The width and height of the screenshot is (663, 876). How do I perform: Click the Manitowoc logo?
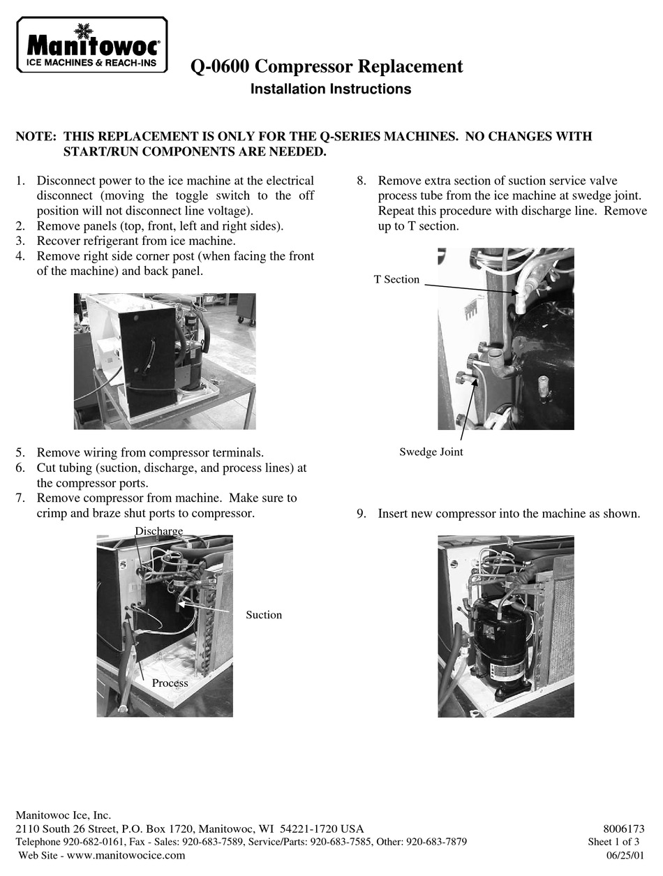[x=92, y=45]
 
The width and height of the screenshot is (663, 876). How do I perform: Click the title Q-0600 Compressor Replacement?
[x=327, y=67]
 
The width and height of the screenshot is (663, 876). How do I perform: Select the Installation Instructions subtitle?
[x=330, y=89]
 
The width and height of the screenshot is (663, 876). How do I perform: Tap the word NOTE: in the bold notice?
[x=36, y=137]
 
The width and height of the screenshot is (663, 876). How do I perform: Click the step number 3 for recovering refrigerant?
[x=20, y=241]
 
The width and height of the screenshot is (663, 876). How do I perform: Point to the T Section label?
[x=396, y=279]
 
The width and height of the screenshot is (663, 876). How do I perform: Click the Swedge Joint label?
[x=431, y=452]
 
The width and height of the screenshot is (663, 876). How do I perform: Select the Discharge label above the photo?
[x=158, y=531]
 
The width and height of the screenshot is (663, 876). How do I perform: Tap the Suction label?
[x=263, y=615]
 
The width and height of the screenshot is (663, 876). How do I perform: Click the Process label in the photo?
[x=170, y=683]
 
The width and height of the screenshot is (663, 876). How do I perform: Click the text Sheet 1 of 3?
[x=613, y=842]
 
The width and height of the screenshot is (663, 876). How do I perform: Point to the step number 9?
[x=362, y=514]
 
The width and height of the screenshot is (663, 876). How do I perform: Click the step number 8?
[x=362, y=181]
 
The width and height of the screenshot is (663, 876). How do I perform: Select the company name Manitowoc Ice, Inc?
[x=63, y=815]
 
